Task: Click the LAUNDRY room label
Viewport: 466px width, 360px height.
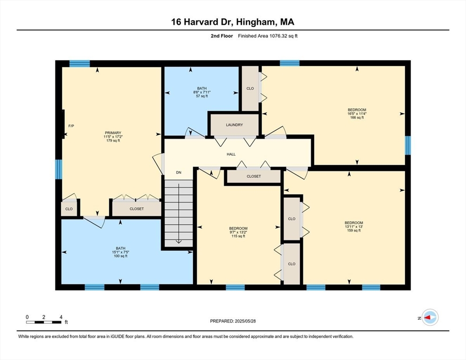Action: coord(234,125)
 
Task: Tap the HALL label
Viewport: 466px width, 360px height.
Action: coord(231,154)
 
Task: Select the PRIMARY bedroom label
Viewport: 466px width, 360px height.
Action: coord(113,133)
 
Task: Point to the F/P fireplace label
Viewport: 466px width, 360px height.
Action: coord(71,126)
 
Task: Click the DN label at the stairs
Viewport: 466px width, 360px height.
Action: coord(179,172)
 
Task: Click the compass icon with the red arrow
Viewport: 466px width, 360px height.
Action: coord(429,317)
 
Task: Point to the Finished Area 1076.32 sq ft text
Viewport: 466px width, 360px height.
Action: coord(268,36)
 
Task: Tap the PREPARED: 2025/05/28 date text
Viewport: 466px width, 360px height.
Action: coord(233,321)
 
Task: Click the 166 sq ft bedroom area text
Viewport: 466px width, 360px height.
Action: coord(357,118)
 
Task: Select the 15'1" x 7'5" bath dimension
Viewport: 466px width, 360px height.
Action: coord(121,252)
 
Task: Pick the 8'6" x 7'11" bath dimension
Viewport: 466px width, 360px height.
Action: coord(202,92)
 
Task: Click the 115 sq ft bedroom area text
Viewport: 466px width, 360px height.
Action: coord(238,236)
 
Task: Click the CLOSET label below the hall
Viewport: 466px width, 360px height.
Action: coord(254,176)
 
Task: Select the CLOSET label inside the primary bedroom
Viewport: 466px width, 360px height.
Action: coord(136,209)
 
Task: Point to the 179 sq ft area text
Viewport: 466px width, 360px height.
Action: coord(113,141)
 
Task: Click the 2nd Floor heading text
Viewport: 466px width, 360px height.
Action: coord(222,36)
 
